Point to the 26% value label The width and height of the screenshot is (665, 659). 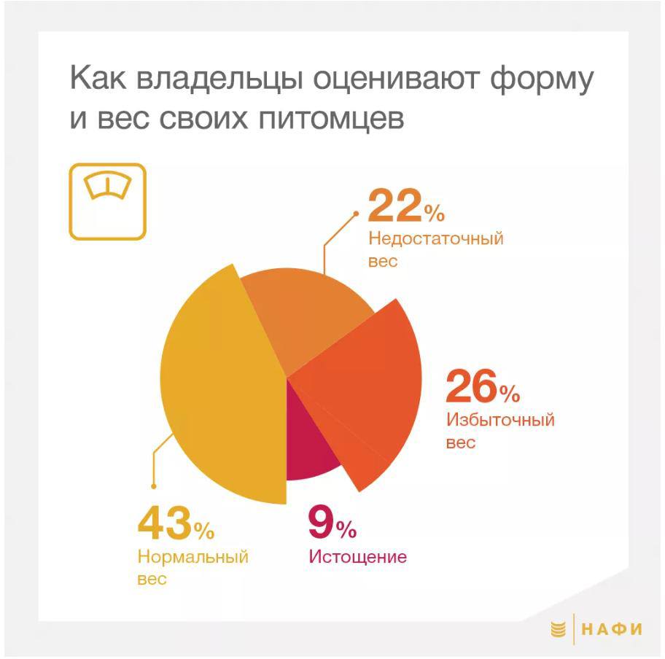click(483, 387)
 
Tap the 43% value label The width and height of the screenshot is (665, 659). click(176, 524)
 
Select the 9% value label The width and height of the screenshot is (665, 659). click(332, 523)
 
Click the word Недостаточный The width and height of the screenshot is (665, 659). click(436, 239)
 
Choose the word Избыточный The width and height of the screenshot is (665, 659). click(500, 420)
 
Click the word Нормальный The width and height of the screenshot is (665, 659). click(193, 557)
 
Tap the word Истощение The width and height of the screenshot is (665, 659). click(358, 557)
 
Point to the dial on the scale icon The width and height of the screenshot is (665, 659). click(108, 185)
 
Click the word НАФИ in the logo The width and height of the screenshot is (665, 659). click(612, 629)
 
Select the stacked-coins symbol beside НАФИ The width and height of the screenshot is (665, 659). click(558, 629)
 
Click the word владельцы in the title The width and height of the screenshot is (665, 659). click(219, 79)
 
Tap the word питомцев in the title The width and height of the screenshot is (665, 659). click(331, 119)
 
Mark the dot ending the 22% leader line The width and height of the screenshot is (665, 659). click(357, 214)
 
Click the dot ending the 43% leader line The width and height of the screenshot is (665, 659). click(154, 486)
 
